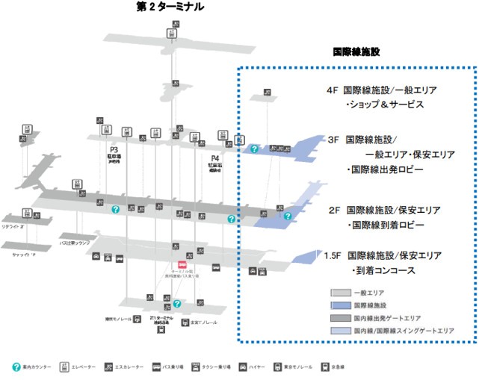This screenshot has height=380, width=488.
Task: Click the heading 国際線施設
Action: pos(356,52)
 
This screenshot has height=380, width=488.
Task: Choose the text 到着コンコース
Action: pos(389,270)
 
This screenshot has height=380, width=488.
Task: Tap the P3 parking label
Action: pos(114,149)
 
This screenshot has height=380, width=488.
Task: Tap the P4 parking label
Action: pos(214,158)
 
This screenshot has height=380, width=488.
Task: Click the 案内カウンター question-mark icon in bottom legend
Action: pos(16,367)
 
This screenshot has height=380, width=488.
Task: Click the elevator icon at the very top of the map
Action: pos(171,33)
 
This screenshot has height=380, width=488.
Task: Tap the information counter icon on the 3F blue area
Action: pos(254,149)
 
